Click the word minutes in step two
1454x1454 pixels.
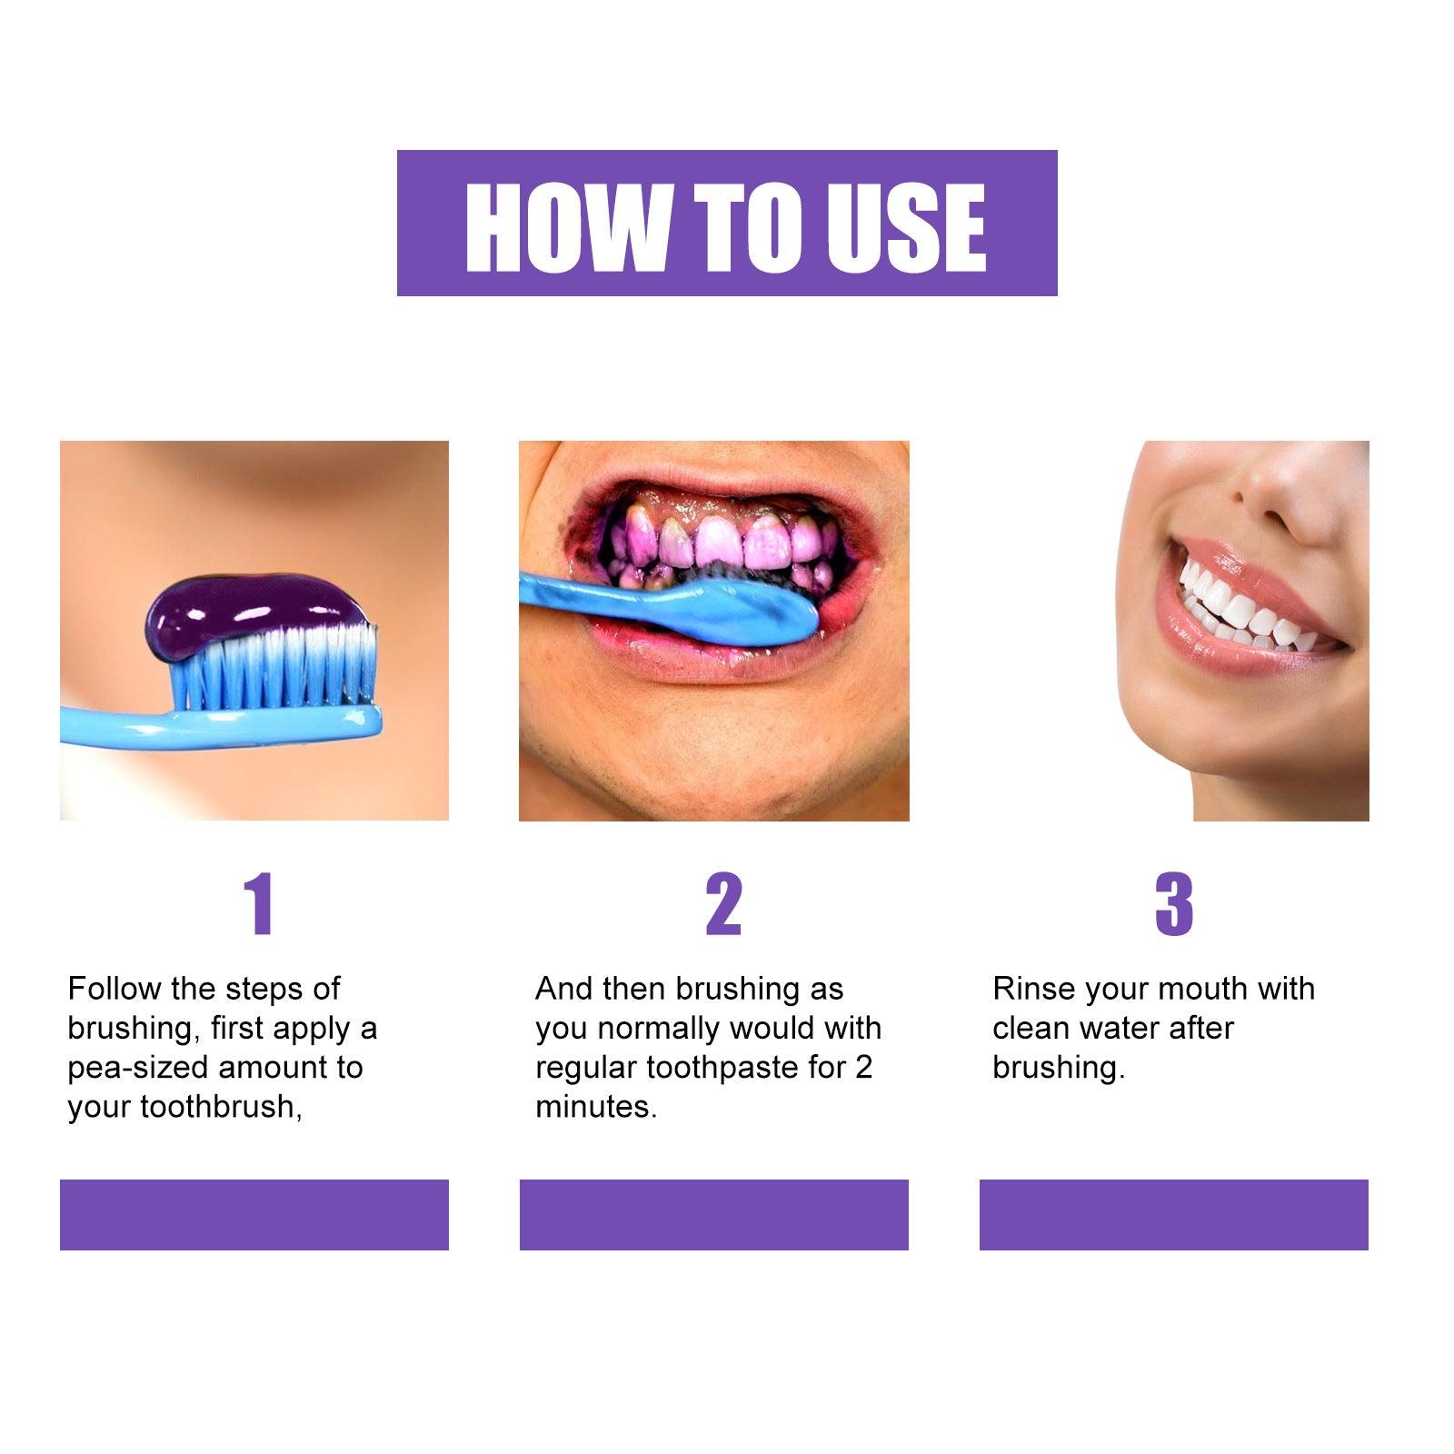[x=594, y=1107]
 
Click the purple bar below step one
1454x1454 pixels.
[x=254, y=1214]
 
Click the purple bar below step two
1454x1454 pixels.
[x=713, y=1214]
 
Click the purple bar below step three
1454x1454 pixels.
[x=1173, y=1214]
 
